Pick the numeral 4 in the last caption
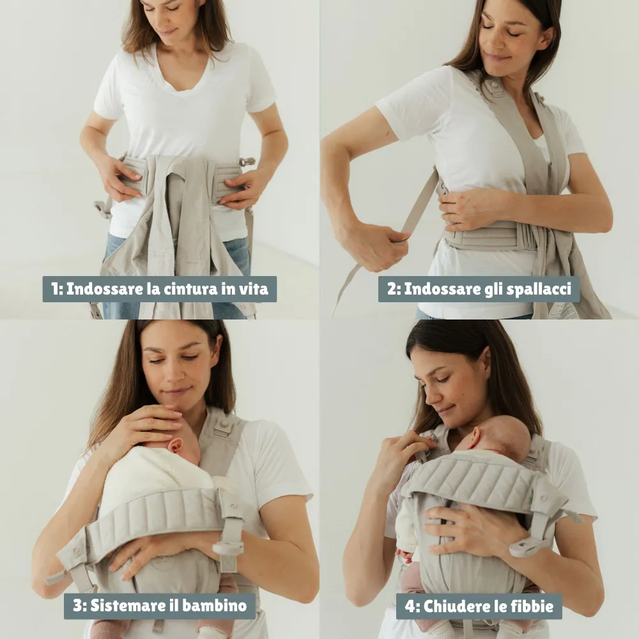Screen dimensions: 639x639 coord(410,606)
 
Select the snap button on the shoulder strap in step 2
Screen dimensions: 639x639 coord(495,86)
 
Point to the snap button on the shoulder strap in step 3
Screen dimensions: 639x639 coord(223,425)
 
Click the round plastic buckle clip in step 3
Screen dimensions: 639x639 coord(227,548)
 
